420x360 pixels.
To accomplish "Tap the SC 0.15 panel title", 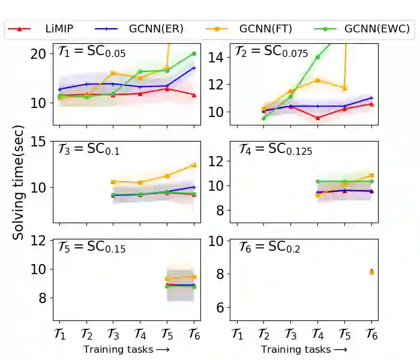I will [91, 247].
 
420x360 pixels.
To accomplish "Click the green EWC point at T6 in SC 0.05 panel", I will [194, 53].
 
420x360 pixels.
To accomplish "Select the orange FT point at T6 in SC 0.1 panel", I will [194, 165].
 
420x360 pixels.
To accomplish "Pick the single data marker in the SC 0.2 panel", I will [371, 272].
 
